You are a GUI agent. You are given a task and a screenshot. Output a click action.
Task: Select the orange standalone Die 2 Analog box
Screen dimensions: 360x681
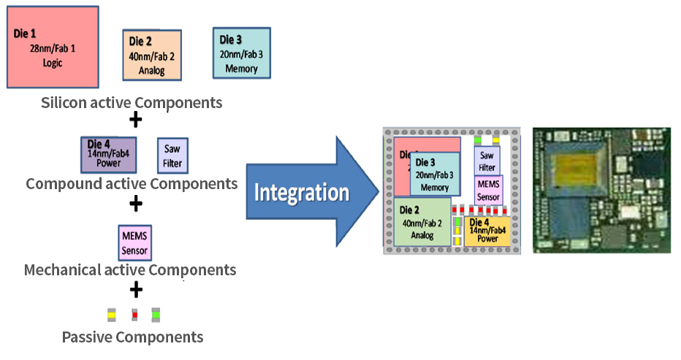(x=151, y=55)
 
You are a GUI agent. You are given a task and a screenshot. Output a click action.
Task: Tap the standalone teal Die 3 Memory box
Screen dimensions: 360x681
(x=241, y=53)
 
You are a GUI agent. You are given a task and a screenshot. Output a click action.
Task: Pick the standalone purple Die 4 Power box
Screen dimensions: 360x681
(x=108, y=155)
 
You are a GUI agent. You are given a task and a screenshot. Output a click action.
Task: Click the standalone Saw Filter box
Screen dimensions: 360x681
(x=172, y=155)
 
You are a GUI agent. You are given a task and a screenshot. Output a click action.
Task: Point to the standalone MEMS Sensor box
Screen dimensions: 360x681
(x=134, y=242)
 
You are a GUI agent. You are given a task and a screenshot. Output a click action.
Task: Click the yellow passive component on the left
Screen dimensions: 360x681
(x=111, y=315)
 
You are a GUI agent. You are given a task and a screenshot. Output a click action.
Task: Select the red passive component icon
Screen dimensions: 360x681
(x=134, y=315)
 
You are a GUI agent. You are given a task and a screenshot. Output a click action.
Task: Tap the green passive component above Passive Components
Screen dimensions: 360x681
(x=156, y=315)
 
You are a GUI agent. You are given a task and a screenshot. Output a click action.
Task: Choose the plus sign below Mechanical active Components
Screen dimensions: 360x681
(x=135, y=290)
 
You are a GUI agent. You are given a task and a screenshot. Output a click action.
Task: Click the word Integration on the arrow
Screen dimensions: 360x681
(x=301, y=193)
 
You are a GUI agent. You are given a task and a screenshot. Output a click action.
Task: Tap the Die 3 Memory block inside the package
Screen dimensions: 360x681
(x=435, y=175)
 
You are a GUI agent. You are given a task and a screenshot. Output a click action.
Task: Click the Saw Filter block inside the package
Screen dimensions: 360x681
(x=487, y=160)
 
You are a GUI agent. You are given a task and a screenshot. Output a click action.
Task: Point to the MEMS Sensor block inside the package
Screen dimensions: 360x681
(x=488, y=190)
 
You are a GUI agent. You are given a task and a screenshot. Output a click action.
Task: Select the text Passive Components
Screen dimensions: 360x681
(x=132, y=337)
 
